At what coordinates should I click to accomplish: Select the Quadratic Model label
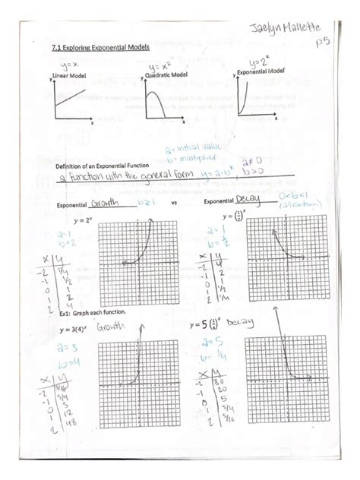coord(167,75)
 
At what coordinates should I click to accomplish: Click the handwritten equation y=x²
coord(162,65)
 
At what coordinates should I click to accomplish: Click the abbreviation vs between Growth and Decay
coord(174,205)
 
